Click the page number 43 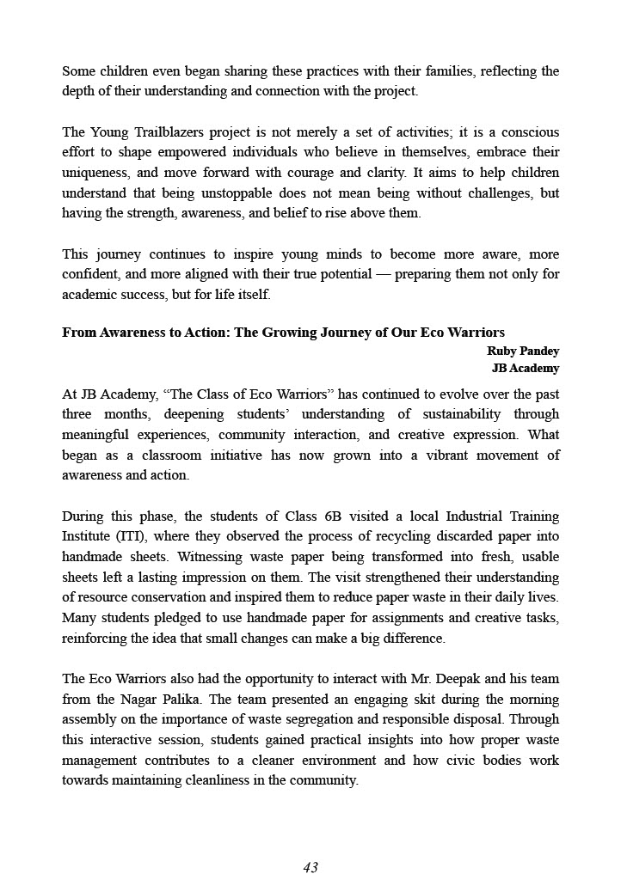(310, 867)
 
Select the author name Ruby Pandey (523, 351)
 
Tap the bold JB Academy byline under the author (525, 368)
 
